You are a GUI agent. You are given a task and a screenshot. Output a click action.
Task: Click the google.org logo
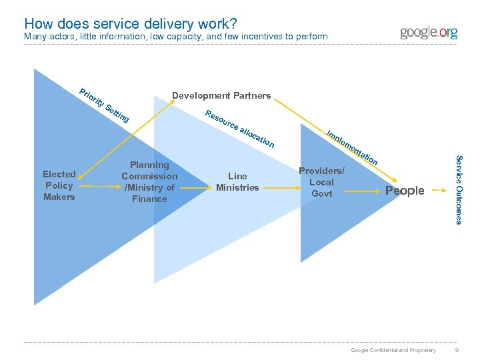pyautogui.click(x=429, y=33)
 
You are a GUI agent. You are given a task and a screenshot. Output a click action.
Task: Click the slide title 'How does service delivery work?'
pyautogui.click(x=131, y=23)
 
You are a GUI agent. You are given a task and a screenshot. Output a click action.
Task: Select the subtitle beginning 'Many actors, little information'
pyautogui.click(x=175, y=36)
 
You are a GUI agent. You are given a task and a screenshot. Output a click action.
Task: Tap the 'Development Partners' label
pyautogui.click(x=221, y=95)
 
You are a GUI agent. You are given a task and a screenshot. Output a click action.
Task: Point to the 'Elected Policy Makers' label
pyautogui.click(x=59, y=185)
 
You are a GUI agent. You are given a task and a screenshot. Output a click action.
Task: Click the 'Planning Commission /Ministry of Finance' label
pyautogui.click(x=149, y=181)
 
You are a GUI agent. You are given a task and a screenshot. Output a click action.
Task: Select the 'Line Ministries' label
pyautogui.click(x=237, y=181)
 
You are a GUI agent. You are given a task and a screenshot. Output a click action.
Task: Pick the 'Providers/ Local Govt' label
pyautogui.click(x=321, y=182)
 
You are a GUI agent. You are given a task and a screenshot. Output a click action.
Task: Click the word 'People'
pyautogui.click(x=405, y=191)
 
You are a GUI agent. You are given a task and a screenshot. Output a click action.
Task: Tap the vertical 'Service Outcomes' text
pyautogui.click(x=458, y=189)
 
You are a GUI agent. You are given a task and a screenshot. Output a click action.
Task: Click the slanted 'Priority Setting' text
pyautogui.click(x=104, y=105)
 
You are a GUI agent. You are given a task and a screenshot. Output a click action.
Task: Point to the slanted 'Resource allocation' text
pyautogui.click(x=239, y=127)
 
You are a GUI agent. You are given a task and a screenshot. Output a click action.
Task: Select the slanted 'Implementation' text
pyautogui.click(x=353, y=147)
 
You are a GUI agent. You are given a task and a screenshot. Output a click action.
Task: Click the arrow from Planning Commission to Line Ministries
pyautogui.click(x=196, y=189)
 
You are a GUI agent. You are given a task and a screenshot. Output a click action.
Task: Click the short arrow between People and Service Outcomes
pyautogui.click(x=437, y=190)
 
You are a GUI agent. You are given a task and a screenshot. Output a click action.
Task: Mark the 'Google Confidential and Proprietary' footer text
pyautogui.click(x=393, y=350)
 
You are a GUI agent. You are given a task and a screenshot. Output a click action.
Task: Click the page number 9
pyautogui.click(x=456, y=350)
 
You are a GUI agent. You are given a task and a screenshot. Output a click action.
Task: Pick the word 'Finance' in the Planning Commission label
pyautogui.click(x=149, y=199)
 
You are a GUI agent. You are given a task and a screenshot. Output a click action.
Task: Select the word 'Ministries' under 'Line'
pyautogui.click(x=237, y=187)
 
